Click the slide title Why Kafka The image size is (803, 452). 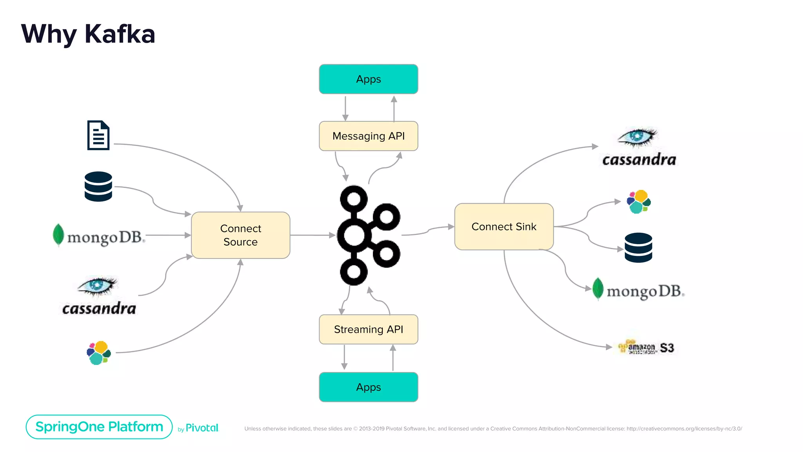point(88,34)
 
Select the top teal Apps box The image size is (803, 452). point(368,79)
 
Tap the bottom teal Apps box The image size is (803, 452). point(368,387)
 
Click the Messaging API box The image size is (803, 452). point(368,136)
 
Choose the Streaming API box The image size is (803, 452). point(368,330)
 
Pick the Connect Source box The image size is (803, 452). point(240,235)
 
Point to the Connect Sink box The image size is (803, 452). point(504,227)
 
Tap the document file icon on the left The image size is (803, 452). point(98,135)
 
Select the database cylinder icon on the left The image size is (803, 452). point(98,186)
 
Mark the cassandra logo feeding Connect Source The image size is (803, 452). point(99,296)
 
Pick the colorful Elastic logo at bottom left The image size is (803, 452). point(99,353)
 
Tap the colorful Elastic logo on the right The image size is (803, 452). point(639,202)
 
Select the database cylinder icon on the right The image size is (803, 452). point(638,248)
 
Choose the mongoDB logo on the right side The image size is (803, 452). point(638,290)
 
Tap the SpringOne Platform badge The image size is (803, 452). point(99,427)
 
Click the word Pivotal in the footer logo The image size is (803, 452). point(202,428)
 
